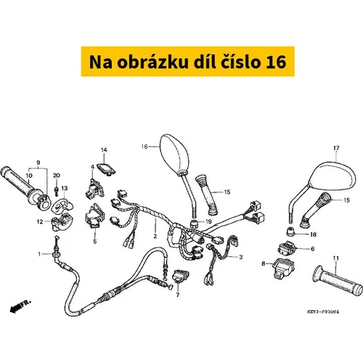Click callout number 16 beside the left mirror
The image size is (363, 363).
[144, 147]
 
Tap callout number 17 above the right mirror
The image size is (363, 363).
[336, 148]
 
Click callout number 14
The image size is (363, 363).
[104, 150]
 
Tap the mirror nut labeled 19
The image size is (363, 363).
[195, 224]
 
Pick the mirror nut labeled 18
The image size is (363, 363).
[290, 232]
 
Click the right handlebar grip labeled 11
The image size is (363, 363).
[338, 281]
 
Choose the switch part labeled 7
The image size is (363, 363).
[180, 276]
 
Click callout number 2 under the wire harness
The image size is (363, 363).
[155, 236]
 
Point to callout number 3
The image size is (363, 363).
[240, 257]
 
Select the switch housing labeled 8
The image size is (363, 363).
[283, 269]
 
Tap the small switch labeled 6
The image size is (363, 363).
[287, 248]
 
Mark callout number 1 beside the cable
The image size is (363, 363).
[39, 254]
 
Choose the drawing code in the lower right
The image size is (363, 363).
[323, 312]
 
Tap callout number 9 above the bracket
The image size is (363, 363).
[38, 163]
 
